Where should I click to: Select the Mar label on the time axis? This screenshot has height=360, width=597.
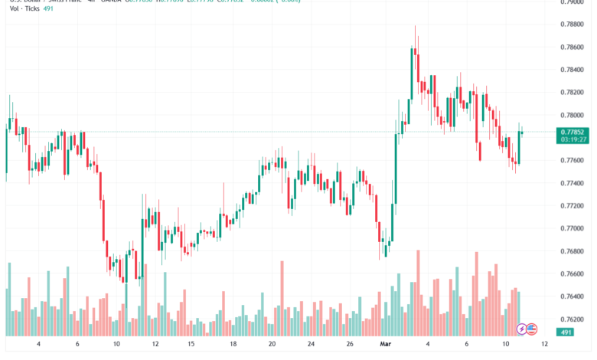click(x=387, y=345)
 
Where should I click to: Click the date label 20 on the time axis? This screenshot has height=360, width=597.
click(x=272, y=345)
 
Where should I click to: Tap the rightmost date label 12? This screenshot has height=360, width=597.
click(x=544, y=345)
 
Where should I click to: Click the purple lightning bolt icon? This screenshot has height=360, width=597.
click(x=522, y=328)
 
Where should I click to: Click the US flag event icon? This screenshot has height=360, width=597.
click(x=531, y=328)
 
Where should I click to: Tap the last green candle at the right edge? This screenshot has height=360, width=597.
click(x=520, y=146)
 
